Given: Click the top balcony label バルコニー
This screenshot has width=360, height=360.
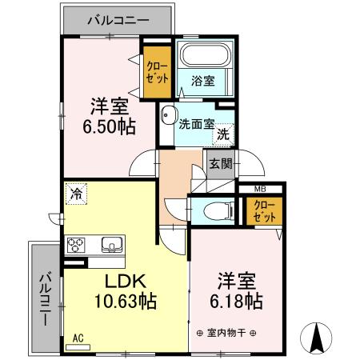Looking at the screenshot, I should point(116,19).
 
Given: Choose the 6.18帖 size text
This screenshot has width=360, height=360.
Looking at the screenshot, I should point(237,302).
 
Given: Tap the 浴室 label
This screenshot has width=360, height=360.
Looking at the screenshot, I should point(202,80).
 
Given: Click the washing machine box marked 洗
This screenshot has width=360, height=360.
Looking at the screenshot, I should point(225,134).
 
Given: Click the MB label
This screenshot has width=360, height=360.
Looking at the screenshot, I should point(260,190).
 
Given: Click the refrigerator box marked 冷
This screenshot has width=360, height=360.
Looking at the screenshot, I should point(77,193).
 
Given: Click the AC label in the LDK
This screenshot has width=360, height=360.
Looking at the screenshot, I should point(79,338).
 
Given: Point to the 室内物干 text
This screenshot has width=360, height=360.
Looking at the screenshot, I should point(227,333).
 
